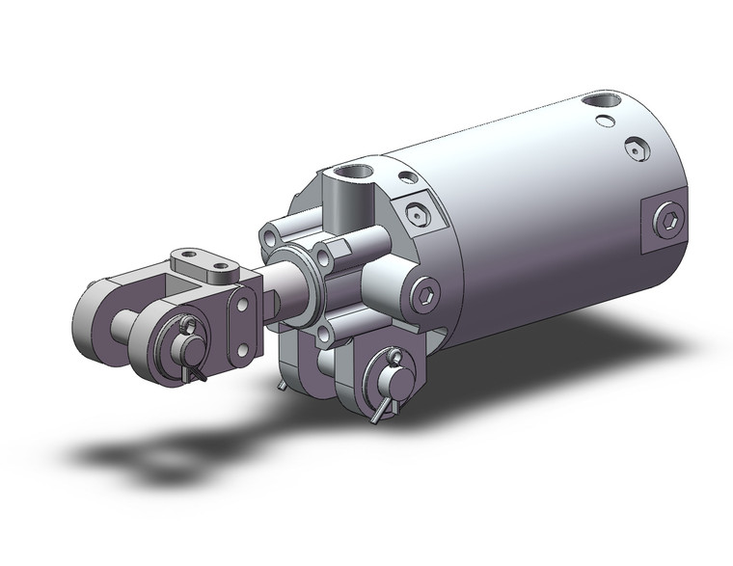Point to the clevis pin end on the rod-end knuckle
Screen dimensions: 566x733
click(184, 328)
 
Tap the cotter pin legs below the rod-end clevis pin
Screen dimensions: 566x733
click(196, 370)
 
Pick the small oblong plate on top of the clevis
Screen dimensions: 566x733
click(204, 261)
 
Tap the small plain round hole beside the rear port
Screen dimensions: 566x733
click(604, 121)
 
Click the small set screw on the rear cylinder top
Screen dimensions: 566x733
click(635, 149)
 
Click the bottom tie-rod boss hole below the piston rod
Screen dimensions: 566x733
click(323, 335)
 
